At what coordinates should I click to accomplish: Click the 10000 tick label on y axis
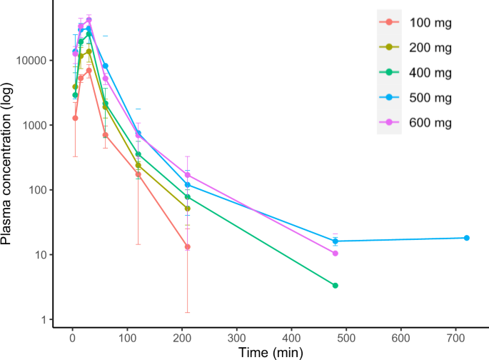tap(32, 61)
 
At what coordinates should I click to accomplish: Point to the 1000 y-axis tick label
tap(35, 125)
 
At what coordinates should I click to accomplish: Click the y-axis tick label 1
tap(44, 319)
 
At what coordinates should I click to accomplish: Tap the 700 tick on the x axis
tap(455, 338)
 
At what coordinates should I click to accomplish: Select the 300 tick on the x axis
tap(236, 338)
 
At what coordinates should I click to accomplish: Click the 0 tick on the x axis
tap(72, 338)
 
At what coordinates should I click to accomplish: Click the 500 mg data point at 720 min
tap(466, 238)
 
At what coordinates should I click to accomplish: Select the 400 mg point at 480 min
tap(336, 286)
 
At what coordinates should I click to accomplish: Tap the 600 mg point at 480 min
tap(336, 253)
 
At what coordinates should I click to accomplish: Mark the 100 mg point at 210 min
tap(187, 247)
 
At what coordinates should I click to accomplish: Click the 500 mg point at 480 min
tap(336, 241)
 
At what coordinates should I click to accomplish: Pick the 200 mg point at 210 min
tap(187, 209)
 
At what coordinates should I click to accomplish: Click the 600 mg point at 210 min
tap(187, 175)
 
